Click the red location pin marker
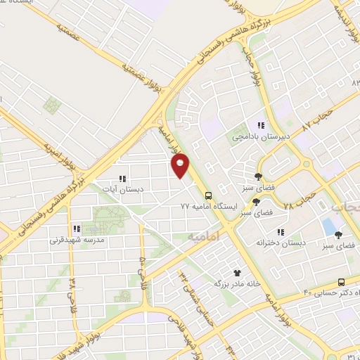(181, 165)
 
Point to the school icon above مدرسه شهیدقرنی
(77, 229)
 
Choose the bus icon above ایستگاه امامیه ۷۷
(208, 195)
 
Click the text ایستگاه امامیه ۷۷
(205, 207)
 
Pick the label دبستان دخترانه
(281, 243)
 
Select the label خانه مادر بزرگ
(237, 284)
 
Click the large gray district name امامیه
(205, 238)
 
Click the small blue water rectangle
(328, 227)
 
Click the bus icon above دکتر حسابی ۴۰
(341, 281)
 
